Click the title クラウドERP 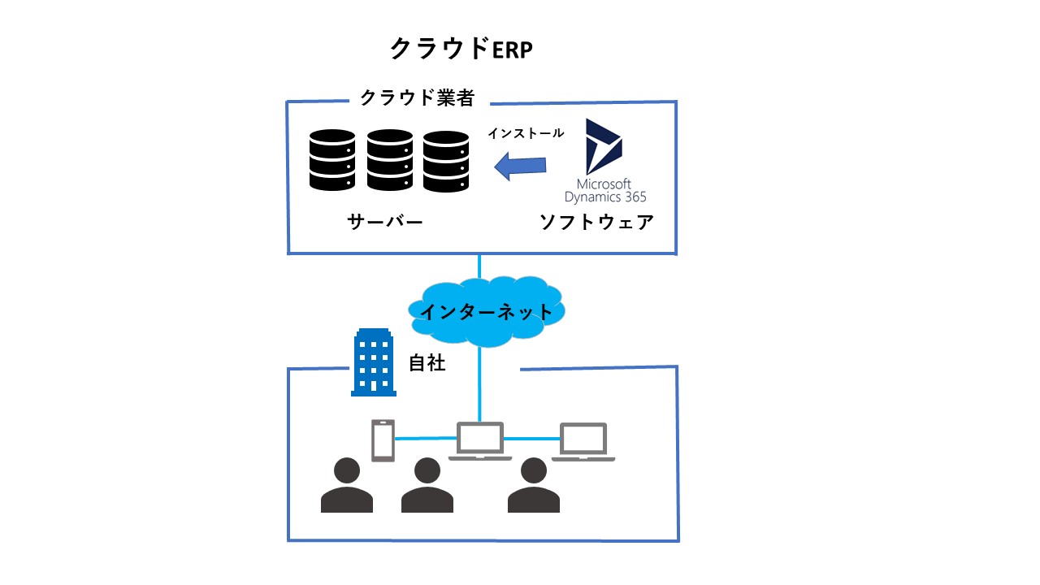(461, 49)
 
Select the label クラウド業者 (418, 97)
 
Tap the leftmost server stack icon (332, 160)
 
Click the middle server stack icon (389, 160)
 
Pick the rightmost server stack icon (446, 161)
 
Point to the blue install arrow (520, 167)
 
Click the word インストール (526, 133)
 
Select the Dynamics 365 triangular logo (603, 146)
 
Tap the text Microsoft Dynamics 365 (605, 190)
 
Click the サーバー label (385, 222)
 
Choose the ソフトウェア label (596, 222)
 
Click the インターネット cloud (486, 311)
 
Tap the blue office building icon (373, 362)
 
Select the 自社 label (427, 362)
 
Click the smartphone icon (383, 440)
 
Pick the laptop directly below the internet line (480, 441)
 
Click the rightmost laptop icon (583, 442)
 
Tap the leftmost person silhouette (347, 485)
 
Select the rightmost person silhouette (534, 485)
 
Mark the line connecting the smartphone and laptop (426, 438)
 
